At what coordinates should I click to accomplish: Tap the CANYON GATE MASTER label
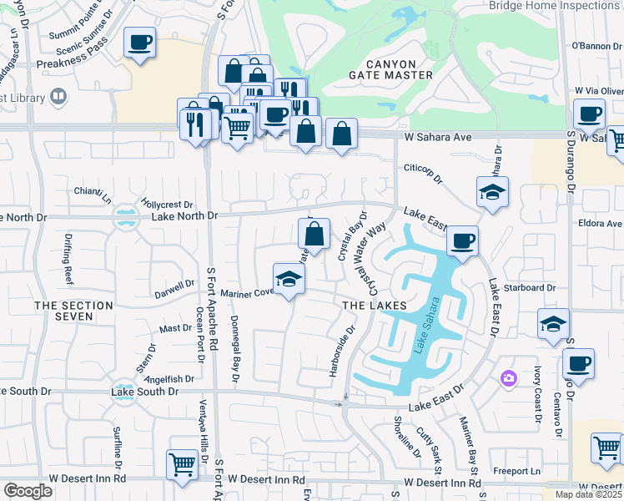coord(390,75)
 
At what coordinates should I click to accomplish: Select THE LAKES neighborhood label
coord(375,306)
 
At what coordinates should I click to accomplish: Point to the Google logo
coord(28,491)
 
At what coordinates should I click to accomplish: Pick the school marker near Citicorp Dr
coord(492,192)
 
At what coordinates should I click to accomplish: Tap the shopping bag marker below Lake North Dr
coord(314,235)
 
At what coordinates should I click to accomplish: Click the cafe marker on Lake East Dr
coord(461,241)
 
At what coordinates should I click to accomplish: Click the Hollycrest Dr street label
coord(167,204)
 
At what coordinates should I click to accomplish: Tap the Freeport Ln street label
coord(512,471)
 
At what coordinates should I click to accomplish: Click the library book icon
coord(58,97)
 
